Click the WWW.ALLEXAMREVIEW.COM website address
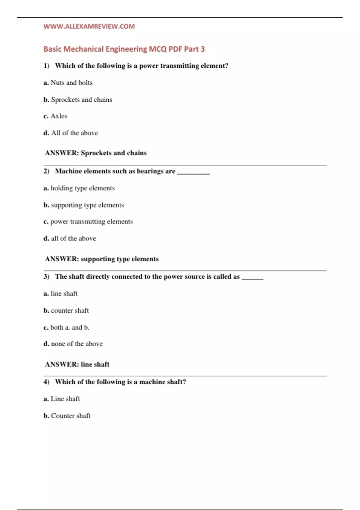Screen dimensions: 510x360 [x=89, y=26]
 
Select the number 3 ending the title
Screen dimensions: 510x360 [x=203, y=49]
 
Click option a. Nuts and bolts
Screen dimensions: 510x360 [x=68, y=83]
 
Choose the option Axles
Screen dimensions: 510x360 [x=55, y=116]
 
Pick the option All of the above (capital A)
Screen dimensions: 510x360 [x=71, y=133]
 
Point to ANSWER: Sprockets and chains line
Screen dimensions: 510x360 [x=96, y=153]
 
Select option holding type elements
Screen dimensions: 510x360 [x=79, y=188]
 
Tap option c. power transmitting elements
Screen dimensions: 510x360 [x=88, y=221]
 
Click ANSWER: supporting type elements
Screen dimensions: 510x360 [x=102, y=259]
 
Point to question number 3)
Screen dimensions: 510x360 [x=46, y=277]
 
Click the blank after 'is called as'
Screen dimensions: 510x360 [x=252, y=278]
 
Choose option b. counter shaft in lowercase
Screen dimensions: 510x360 [x=66, y=310]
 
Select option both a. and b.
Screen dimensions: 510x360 [x=67, y=327]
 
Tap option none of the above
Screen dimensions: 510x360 [x=73, y=344]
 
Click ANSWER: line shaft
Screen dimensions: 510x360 [x=77, y=364]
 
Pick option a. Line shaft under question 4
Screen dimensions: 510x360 [x=62, y=399]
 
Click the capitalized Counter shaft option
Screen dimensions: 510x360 [x=67, y=416]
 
